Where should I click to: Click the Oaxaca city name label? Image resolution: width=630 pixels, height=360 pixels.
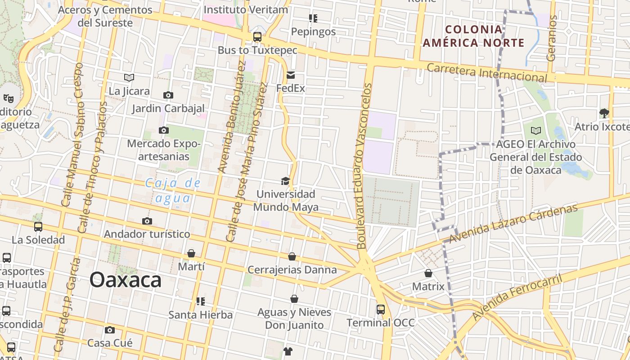(125, 280)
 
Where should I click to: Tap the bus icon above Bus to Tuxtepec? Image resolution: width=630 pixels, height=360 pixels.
(257, 37)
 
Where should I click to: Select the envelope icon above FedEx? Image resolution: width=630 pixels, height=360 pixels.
(291, 75)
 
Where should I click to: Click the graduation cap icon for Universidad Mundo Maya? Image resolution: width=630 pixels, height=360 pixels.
(285, 181)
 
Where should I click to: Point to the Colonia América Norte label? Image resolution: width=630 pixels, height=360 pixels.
(474, 36)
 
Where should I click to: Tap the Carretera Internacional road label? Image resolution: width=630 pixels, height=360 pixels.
(487, 73)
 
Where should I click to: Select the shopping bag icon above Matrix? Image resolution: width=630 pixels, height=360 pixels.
(428, 273)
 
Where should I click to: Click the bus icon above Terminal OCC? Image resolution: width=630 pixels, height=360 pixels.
(381, 309)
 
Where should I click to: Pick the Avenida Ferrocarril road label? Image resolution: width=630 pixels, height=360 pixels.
(517, 297)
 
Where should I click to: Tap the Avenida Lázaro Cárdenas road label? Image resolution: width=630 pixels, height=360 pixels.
(513, 224)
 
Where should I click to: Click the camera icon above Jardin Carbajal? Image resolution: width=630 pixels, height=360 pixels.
(168, 95)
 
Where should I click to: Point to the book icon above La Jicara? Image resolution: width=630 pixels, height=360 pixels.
(129, 78)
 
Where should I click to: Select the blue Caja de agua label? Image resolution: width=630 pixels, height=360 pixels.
(173, 190)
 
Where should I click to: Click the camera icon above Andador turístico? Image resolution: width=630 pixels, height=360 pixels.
(147, 221)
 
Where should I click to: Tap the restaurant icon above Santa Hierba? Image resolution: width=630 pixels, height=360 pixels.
(200, 301)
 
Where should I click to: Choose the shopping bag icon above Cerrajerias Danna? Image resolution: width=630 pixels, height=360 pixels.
(292, 256)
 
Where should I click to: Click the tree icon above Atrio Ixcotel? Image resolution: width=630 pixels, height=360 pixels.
(604, 113)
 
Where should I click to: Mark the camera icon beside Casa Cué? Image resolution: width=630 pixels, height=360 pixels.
(109, 330)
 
